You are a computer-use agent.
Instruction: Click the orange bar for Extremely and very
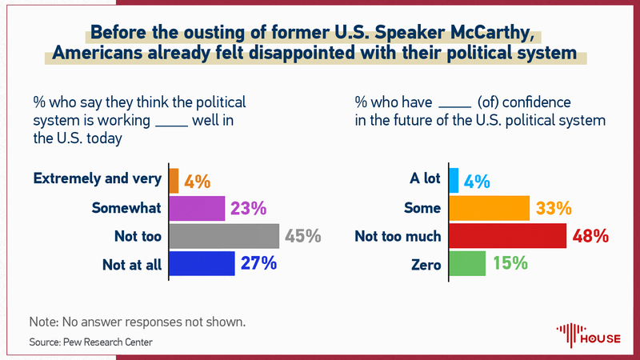click(x=174, y=181)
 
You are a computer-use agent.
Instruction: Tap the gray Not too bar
click(x=225, y=236)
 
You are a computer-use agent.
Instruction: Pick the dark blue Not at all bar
click(x=202, y=263)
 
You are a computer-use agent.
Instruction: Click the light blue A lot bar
click(x=454, y=181)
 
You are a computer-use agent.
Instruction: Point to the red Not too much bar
click(x=508, y=236)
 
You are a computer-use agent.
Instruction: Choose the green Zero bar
click(x=467, y=263)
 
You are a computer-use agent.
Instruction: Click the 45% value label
click(x=303, y=236)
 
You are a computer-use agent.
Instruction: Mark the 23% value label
click(x=248, y=209)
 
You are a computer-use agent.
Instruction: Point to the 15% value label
click(x=510, y=263)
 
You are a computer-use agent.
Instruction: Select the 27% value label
click(x=258, y=263)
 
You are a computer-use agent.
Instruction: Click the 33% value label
click(x=554, y=209)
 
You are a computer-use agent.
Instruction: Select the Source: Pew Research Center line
click(x=90, y=342)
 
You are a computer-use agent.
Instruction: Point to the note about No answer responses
click(x=136, y=322)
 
